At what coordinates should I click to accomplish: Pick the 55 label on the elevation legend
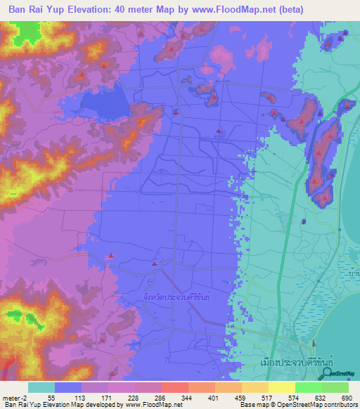(x=51, y=397)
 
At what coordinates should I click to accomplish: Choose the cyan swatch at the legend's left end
(x=41, y=387)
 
